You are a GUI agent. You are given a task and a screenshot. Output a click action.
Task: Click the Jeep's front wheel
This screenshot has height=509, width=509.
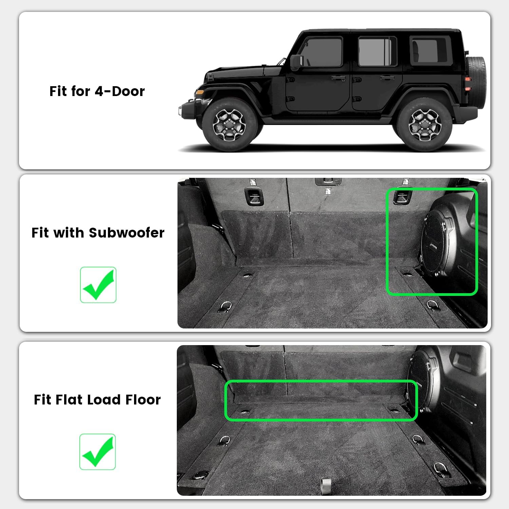(x=229, y=125)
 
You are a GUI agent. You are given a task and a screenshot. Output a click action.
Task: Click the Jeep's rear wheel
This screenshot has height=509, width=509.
(x=424, y=125)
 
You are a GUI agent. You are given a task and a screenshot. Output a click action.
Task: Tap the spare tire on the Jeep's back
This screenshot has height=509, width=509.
(x=476, y=76)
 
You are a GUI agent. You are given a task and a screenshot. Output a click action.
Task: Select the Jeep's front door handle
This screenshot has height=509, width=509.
(x=338, y=78)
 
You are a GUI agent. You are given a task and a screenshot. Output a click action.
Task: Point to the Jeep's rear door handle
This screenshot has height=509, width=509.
(x=387, y=78)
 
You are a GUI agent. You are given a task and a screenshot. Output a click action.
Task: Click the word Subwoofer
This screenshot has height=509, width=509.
(x=127, y=233)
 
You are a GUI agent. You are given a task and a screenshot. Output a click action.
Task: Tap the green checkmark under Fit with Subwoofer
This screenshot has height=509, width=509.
(x=98, y=285)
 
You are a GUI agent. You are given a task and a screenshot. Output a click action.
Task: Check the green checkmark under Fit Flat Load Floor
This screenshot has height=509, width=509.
(x=98, y=452)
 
